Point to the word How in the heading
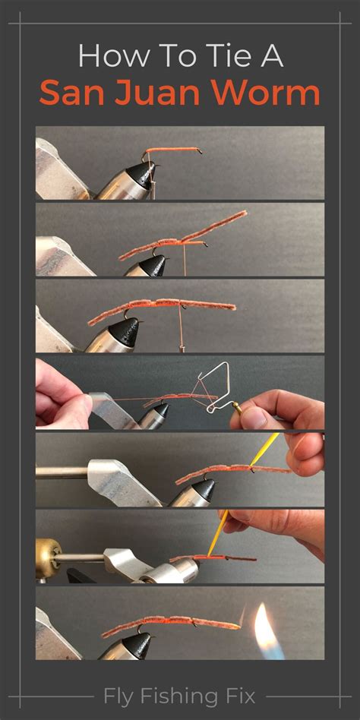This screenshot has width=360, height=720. (x=113, y=56)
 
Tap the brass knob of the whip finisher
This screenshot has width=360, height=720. (x=237, y=406)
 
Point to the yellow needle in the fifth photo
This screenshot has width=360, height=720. (x=264, y=450)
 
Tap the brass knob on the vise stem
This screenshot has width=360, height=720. (x=48, y=558)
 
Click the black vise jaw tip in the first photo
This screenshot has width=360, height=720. (x=145, y=175)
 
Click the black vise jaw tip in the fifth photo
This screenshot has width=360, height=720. (x=204, y=490)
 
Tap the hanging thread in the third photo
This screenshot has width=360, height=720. (x=181, y=327)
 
